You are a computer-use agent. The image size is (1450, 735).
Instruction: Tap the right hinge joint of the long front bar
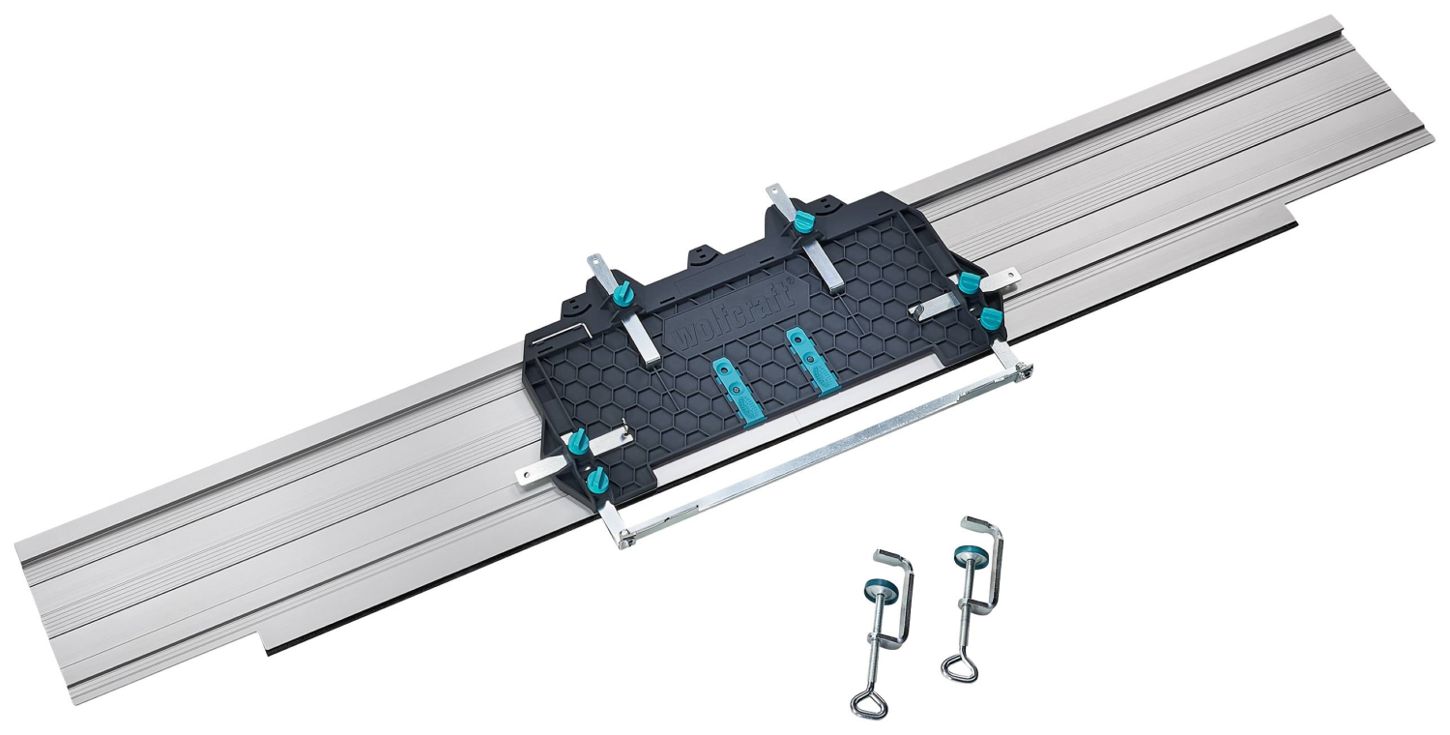coord(1021,368)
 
